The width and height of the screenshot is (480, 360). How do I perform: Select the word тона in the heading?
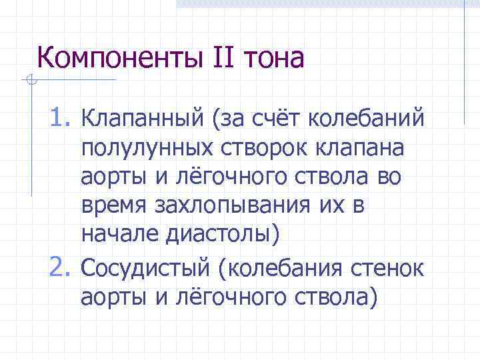tap(275, 59)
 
